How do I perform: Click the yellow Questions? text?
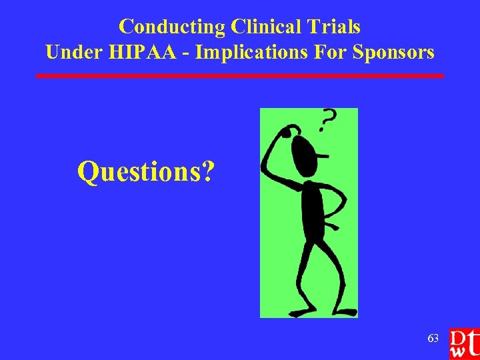[146, 171]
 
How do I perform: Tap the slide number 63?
[433, 339]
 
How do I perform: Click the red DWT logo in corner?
[464, 343]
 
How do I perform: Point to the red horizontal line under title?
[240, 76]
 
